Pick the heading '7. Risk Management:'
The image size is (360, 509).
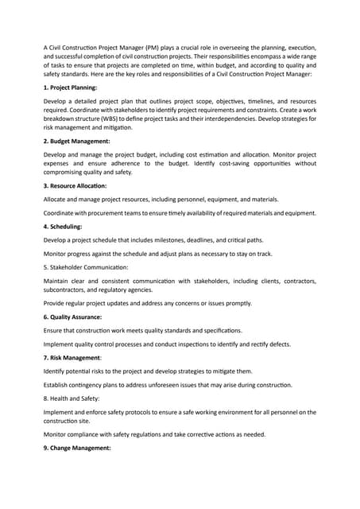click(x=76, y=357)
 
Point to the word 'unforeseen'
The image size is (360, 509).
click(x=176, y=384)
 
